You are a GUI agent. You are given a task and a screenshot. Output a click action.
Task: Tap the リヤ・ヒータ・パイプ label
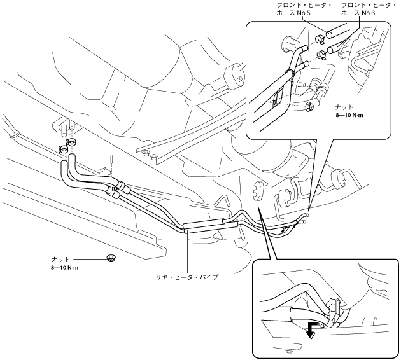190,277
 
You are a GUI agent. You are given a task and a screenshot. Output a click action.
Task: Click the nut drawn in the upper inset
309,106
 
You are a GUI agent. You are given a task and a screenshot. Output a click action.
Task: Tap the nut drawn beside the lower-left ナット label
111,258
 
